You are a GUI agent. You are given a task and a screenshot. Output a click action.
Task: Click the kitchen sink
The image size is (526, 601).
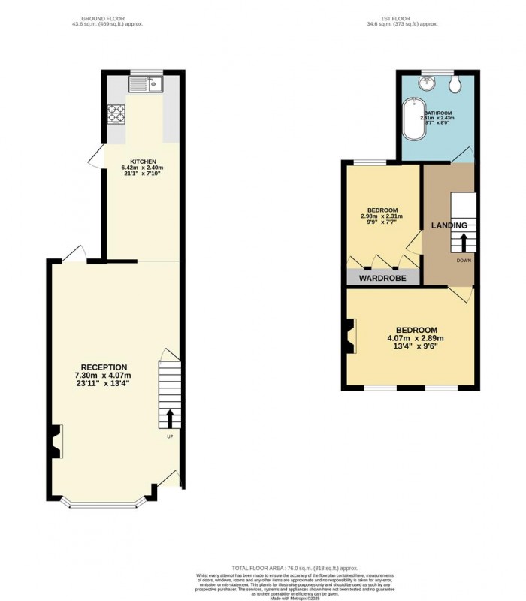tap(147, 84)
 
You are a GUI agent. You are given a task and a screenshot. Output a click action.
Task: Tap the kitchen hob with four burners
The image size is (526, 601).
tap(117, 113)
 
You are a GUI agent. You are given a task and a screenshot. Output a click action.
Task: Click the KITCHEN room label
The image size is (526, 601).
tap(144, 162)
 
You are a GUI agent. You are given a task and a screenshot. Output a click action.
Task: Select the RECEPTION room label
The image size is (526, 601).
tap(104, 367)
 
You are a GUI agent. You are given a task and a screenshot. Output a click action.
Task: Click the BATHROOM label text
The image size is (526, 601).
tap(437, 112)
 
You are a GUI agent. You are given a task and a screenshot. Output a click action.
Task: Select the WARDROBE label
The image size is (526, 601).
tap(382, 278)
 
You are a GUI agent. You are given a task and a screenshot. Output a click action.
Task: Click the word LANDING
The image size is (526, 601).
tap(449, 225)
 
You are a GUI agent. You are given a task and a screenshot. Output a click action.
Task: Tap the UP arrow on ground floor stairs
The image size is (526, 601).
tap(169, 418)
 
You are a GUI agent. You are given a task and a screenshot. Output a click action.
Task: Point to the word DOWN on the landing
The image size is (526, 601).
tap(463, 261)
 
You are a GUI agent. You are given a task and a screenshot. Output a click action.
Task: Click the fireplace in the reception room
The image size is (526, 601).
tap(55, 441)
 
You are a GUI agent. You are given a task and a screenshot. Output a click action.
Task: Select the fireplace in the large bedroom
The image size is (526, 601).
tap(350, 335)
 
